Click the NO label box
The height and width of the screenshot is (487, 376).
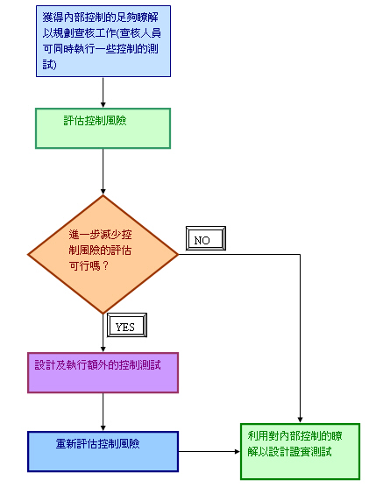coord(206,238)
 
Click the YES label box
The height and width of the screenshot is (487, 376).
coord(127,325)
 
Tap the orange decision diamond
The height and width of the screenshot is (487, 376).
coord(103,254)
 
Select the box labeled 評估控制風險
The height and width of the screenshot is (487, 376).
coord(103,128)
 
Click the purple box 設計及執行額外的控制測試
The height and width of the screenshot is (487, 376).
coord(103,373)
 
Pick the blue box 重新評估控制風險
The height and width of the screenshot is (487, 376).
coord(103,452)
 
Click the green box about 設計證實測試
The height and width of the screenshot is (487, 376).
coord(300,451)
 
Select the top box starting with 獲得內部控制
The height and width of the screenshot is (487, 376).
coord(103,41)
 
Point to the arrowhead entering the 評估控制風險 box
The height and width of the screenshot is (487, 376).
coord(103,104)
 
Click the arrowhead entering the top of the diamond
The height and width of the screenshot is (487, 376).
coord(103,191)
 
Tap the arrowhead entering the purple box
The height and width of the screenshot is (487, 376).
coord(103,349)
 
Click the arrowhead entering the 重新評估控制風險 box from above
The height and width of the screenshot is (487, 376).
coord(103,428)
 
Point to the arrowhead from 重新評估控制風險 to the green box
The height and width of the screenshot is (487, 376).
coord(238,452)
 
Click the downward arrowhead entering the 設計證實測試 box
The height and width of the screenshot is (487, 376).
coord(300,420)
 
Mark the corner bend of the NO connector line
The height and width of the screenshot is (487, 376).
coord(300,255)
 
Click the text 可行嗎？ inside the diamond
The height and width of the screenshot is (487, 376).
coord(89,266)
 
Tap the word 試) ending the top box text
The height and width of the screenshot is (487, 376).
coord(50,65)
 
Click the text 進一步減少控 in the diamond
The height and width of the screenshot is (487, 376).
coord(101,234)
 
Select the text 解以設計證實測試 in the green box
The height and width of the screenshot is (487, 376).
coord(289,452)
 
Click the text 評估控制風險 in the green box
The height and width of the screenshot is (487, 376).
coord(95,121)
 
